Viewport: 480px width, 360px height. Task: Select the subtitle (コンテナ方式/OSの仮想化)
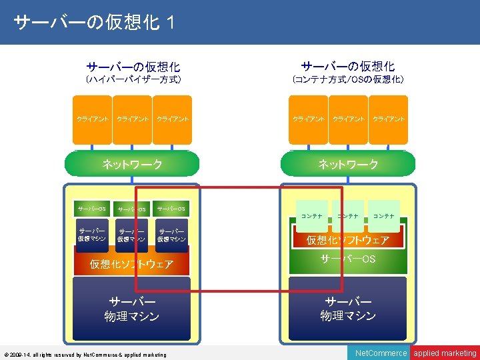coord(348,80)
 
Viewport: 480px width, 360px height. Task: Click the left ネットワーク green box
coord(131,164)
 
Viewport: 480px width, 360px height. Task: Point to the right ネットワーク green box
coord(347,164)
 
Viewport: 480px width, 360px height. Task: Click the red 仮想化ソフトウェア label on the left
coord(131,265)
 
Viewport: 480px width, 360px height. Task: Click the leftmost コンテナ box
coord(311,216)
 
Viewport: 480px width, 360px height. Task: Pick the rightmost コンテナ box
coord(383,216)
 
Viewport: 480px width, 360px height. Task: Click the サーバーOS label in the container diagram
coord(347,259)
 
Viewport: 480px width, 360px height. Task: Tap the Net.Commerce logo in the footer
coord(381,353)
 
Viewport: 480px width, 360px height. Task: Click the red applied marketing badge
coord(445,353)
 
